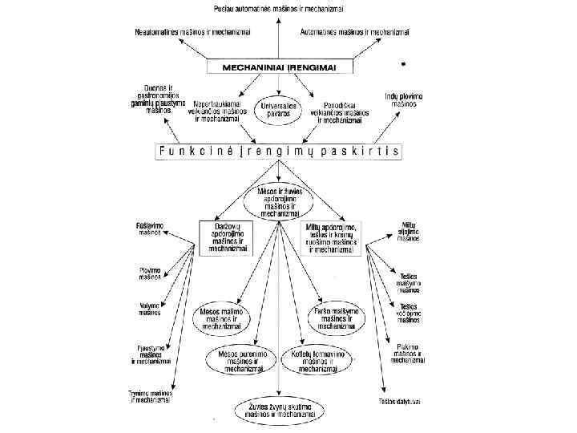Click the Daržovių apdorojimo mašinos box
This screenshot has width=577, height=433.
click(x=225, y=237)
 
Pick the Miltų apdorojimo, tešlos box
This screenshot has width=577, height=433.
click(x=331, y=237)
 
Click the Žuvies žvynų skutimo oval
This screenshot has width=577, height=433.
click(x=276, y=410)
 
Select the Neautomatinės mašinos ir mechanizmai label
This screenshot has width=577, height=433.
click(x=192, y=32)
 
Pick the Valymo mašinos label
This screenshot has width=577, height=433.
click(x=151, y=309)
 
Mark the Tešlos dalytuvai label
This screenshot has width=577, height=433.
click(x=400, y=401)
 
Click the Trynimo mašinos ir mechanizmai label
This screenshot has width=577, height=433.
click(x=149, y=396)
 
